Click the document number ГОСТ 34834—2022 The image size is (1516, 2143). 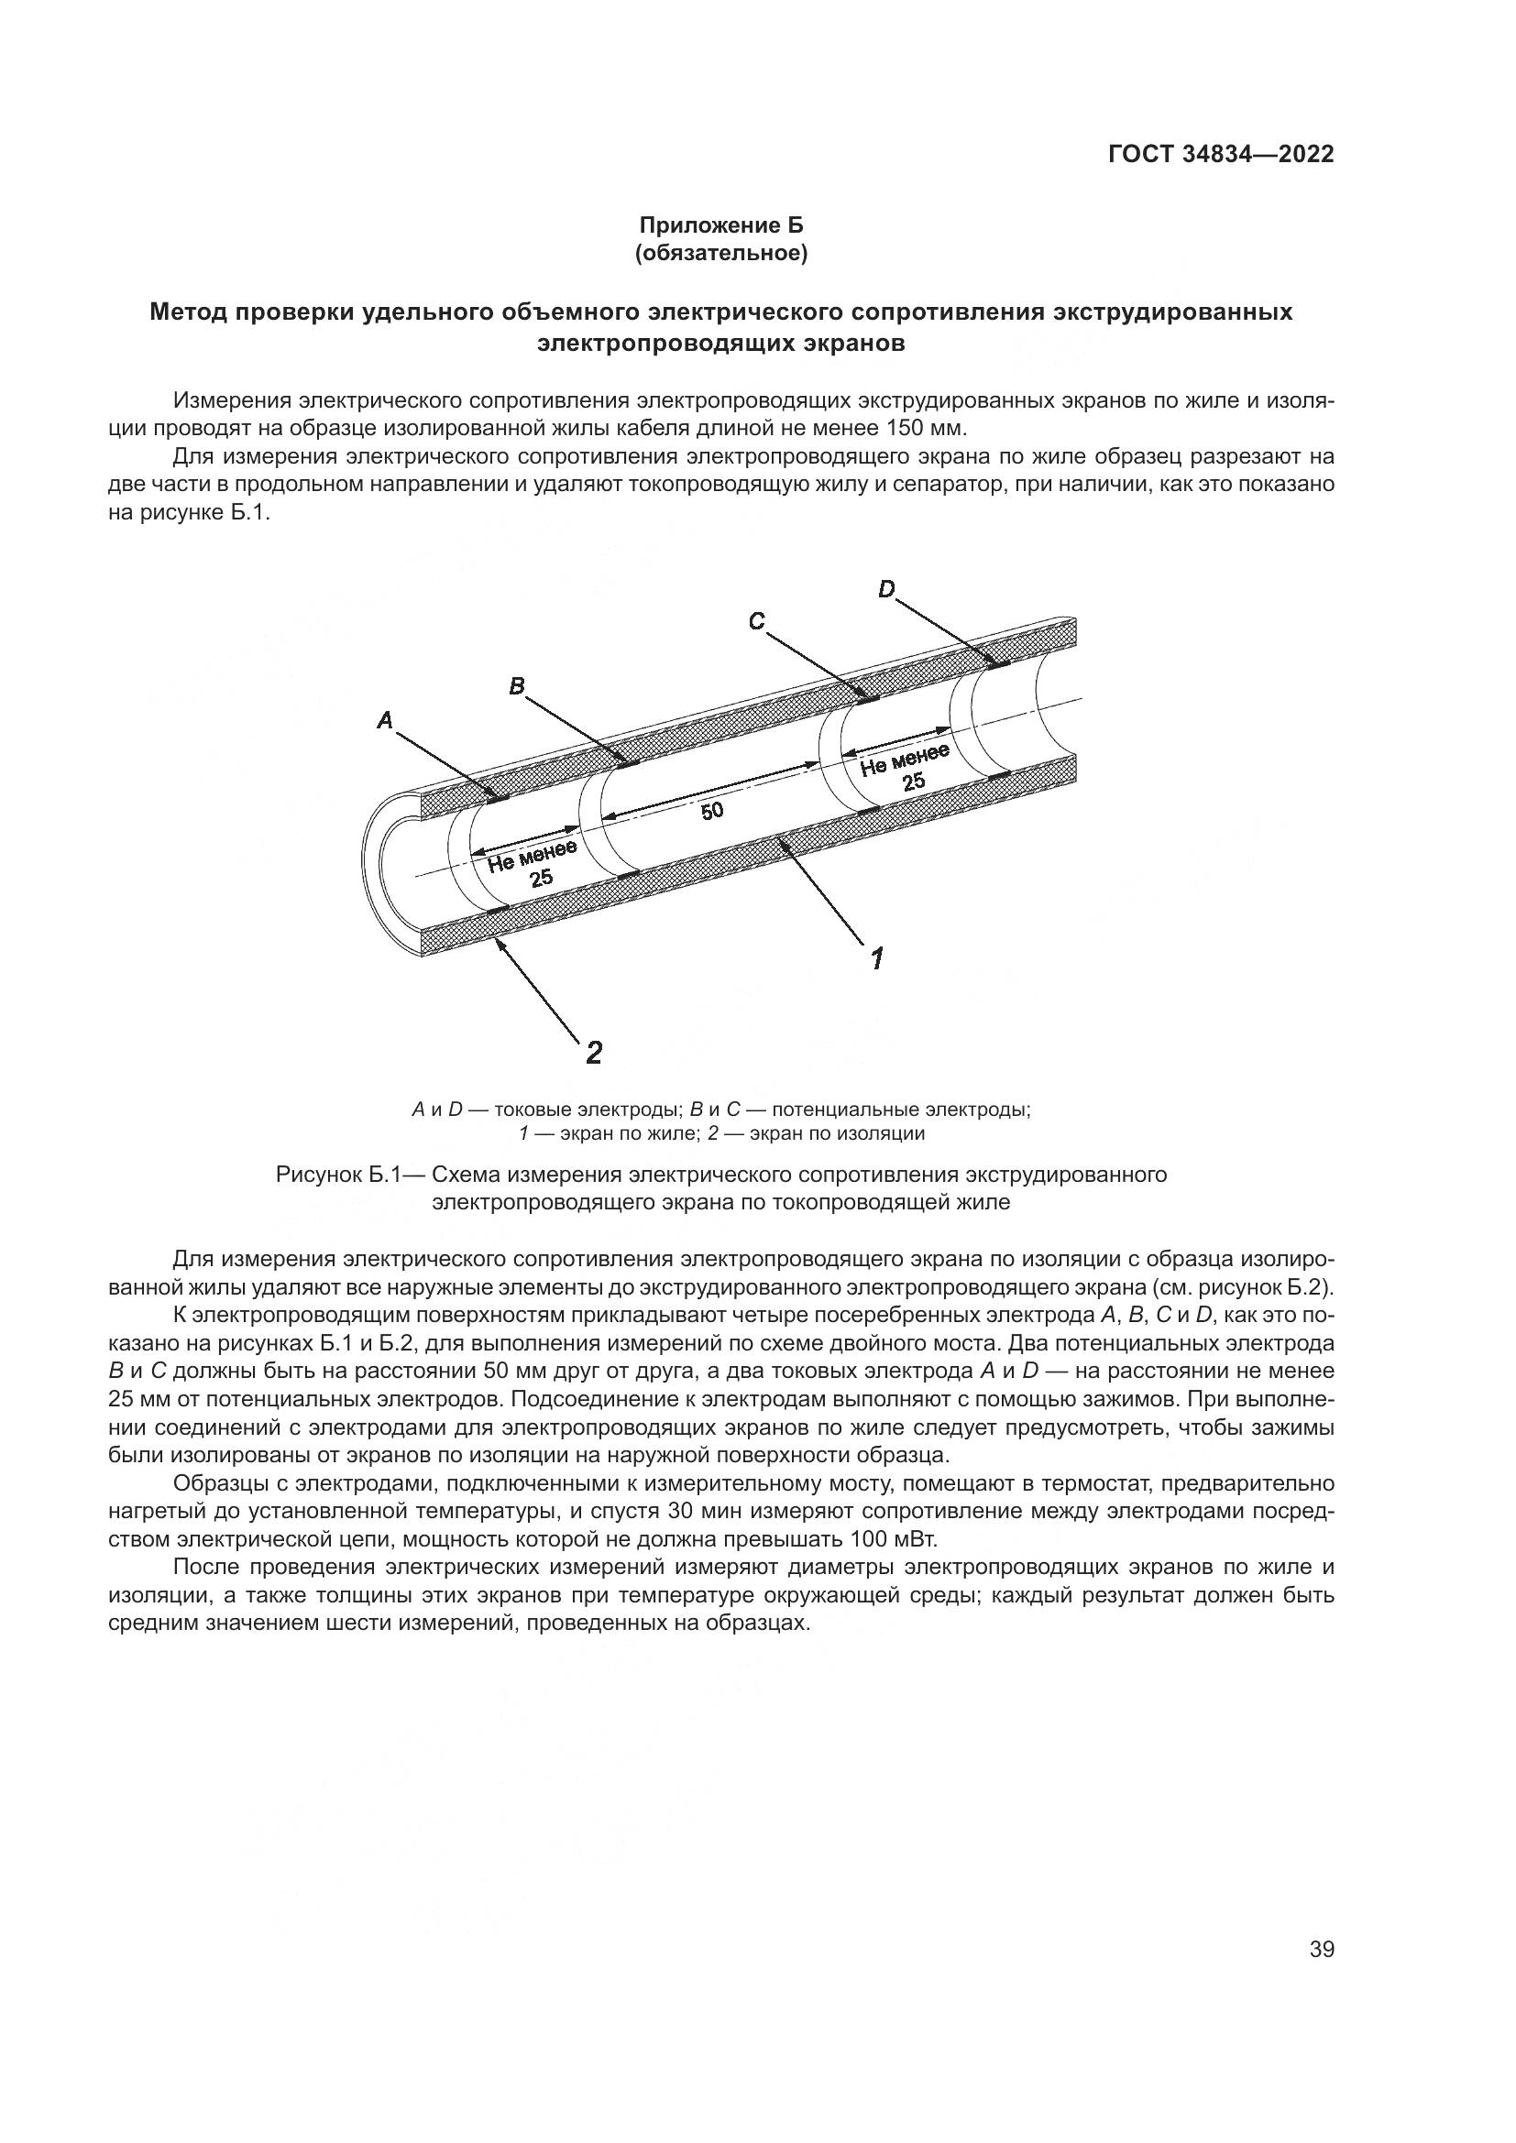pyautogui.click(x=1220, y=155)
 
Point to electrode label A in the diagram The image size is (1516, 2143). pyautogui.click(x=385, y=719)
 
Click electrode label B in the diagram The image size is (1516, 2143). pyautogui.click(x=516, y=686)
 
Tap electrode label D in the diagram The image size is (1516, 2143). pyautogui.click(x=886, y=588)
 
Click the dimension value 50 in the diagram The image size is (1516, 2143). pyautogui.click(x=712, y=811)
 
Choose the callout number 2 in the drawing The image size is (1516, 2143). pyautogui.click(x=593, y=1053)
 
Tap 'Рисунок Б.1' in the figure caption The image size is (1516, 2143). pyautogui.click(x=337, y=1175)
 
